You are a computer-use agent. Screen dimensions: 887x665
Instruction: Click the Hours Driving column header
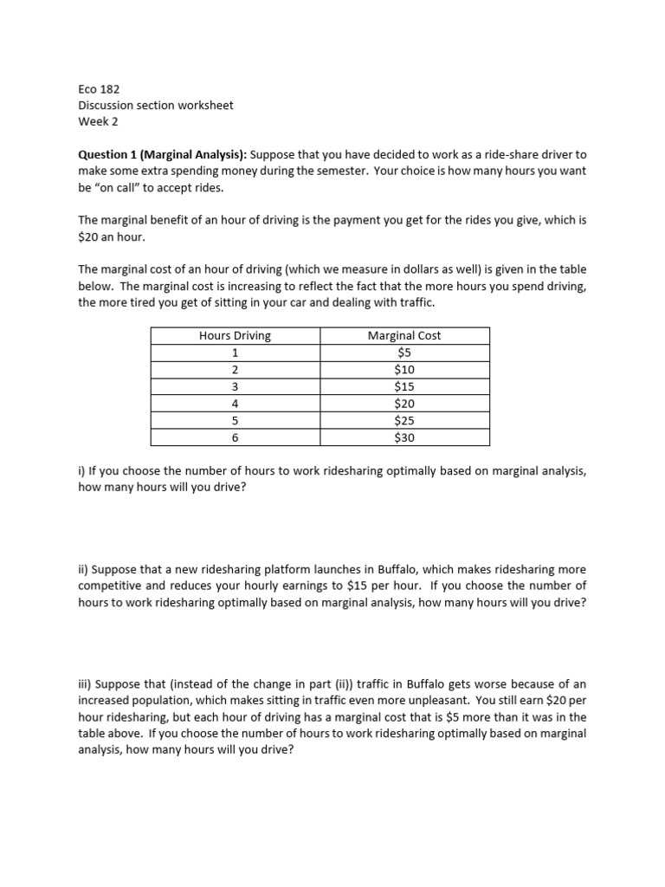(235, 336)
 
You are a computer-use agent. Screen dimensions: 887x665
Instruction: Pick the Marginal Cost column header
(404, 336)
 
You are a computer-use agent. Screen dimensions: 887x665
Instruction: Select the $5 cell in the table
(404, 353)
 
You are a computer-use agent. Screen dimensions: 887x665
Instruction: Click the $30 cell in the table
(404, 437)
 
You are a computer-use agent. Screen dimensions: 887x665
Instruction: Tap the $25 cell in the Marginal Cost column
(404, 420)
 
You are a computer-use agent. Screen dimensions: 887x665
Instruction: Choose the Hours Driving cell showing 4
(235, 404)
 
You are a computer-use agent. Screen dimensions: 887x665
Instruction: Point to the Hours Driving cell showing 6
(235, 437)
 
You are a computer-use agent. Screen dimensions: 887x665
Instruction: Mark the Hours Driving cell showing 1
(235, 353)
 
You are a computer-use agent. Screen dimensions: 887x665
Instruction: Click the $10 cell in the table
(404, 370)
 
